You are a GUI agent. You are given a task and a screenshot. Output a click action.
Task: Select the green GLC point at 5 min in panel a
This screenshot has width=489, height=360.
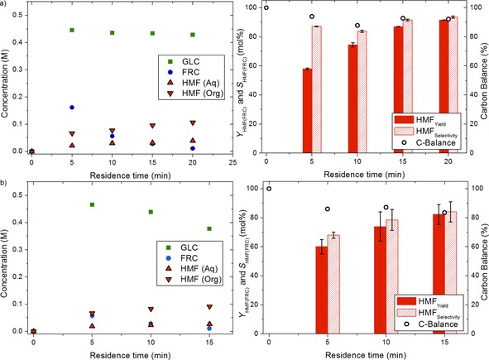pyautogui.click(x=72, y=30)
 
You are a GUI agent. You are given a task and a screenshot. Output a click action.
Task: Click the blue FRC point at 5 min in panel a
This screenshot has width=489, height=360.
pyautogui.click(x=72, y=108)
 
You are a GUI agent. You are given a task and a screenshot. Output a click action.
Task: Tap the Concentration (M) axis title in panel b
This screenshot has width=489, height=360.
pyautogui.click(x=6, y=258)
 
